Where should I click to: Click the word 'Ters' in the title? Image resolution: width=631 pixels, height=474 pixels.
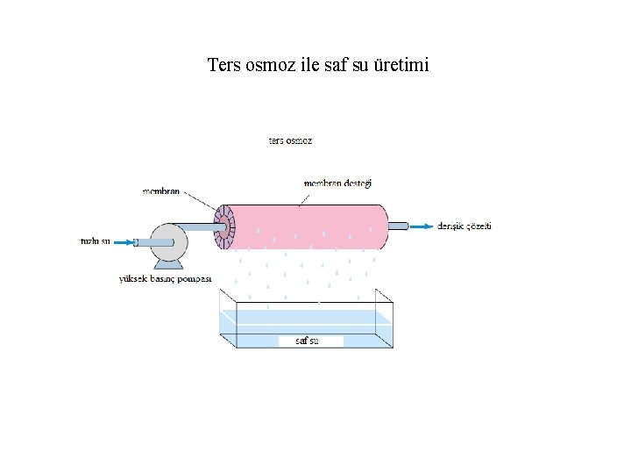[x=223, y=65]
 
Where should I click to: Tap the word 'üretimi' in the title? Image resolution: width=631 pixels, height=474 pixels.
[x=401, y=65]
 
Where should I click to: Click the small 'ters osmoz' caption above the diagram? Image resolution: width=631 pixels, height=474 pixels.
[x=290, y=140]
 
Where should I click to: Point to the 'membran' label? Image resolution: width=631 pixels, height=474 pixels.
[x=161, y=190]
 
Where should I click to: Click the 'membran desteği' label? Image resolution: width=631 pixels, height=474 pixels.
[x=337, y=183]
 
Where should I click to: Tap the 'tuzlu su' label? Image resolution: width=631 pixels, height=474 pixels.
[x=95, y=241]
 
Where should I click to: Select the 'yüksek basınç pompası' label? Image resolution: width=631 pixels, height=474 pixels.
[x=165, y=278]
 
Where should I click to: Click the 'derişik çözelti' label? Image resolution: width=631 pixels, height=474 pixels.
[x=464, y=226]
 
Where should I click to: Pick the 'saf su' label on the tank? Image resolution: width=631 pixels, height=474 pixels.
[x=307, y=340]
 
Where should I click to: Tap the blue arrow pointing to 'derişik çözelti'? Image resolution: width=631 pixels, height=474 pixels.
[x=422, y=226]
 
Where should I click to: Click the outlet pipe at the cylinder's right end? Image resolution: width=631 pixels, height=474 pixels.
[x=399, y=226]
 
